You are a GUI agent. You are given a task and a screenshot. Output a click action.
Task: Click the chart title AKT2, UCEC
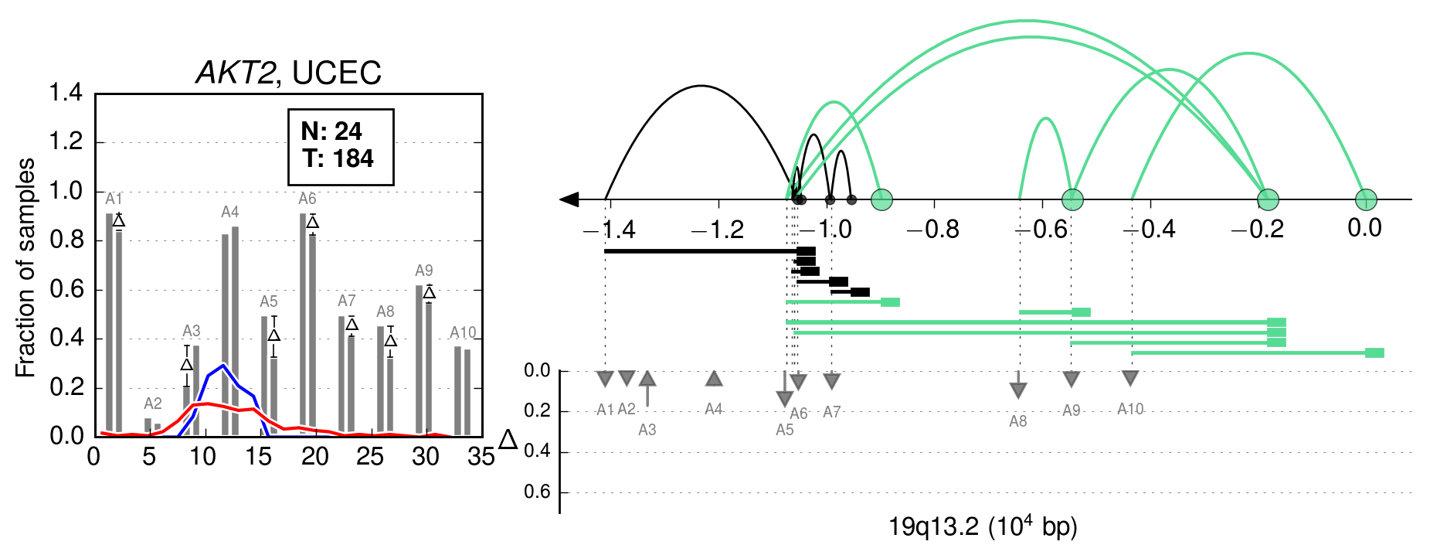tap(289, 73)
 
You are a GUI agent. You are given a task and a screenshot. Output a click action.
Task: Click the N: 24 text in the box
tap(331, 131)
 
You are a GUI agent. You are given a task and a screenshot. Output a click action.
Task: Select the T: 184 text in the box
tap(338, 158)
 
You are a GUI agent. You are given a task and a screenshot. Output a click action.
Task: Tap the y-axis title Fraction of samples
tap(25, 267)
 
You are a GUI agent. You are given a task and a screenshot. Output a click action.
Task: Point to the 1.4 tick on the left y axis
tap(66, 93)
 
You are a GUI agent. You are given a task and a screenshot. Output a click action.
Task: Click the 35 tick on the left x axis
tap(481, 458)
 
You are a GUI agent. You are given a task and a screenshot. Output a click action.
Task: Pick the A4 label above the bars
tap(230, 212)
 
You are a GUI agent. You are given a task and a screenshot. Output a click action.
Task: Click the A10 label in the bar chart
tap(463, 333)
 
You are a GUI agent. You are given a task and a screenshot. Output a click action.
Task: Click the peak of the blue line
tap(223, 365)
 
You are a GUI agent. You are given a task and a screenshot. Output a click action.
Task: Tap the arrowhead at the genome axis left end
tap(569, 199)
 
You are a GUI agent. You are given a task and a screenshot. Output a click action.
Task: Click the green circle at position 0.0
tap(1366, 199)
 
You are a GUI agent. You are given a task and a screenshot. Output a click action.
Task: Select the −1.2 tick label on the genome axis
tap(718, 230)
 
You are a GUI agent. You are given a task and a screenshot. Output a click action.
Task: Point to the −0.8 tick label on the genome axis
tap(933, 230)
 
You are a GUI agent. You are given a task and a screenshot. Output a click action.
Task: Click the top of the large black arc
tap(700, 86)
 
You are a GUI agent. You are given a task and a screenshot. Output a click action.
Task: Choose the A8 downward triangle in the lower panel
tap(1018, 390)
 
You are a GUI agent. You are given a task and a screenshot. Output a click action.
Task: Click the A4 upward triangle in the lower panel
tap(714, 379)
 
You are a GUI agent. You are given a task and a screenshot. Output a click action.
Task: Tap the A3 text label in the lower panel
tap(647, 430)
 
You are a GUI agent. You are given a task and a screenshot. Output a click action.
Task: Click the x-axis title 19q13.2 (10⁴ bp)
tap(983, 527)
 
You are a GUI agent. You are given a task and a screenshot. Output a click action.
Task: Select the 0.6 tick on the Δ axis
tap(537, 492)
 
